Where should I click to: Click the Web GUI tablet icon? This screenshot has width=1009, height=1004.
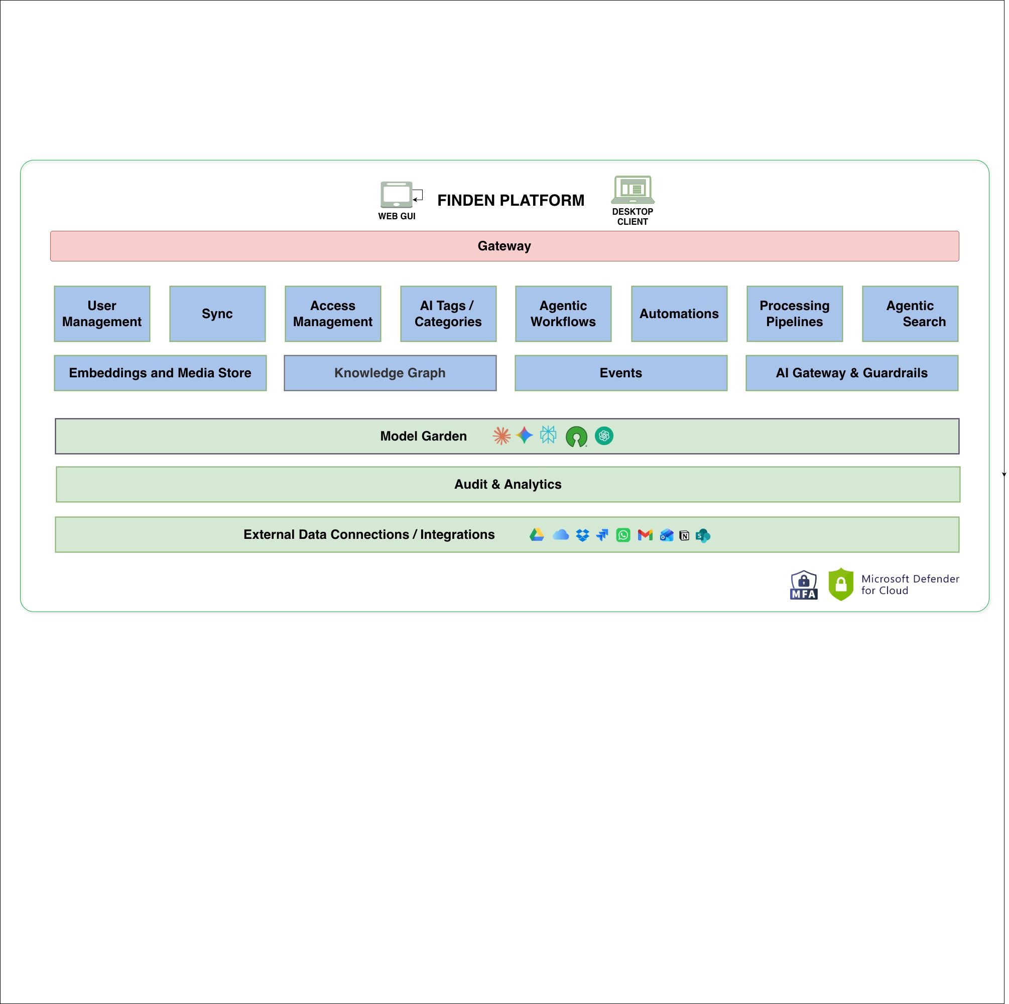397,194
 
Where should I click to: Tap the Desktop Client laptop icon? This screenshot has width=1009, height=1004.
633,190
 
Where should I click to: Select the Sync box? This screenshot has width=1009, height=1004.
217,314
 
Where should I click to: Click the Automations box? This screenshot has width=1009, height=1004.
679,314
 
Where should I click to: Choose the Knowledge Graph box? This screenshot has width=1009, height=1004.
390,373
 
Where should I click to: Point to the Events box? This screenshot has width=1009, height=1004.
621,373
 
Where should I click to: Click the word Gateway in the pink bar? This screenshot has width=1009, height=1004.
504,246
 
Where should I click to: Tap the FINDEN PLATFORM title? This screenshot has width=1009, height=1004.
511,200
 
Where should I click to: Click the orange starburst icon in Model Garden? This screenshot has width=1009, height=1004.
501,436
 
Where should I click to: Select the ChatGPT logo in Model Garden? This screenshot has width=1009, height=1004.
604,436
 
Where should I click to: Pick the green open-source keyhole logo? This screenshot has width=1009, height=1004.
577,437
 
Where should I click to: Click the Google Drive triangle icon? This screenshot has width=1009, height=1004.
537,535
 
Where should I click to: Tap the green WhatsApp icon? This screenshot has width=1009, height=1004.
623,535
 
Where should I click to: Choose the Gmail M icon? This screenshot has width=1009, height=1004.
645,535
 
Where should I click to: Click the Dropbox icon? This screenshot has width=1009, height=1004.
582,535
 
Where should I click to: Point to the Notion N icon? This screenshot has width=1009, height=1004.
684,536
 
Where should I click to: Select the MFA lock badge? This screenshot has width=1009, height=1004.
804,585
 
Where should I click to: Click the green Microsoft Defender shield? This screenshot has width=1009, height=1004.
841,584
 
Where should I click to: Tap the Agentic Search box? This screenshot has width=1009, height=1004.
910,314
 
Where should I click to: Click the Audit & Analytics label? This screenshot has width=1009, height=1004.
508,484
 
